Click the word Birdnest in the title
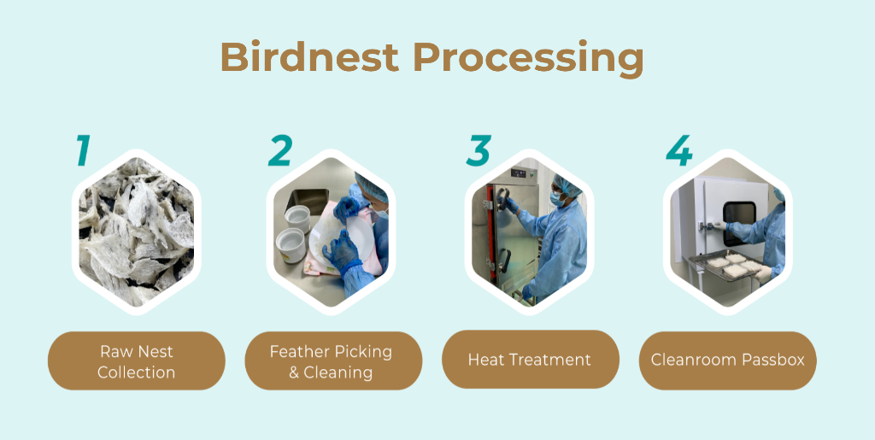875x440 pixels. [309, 57]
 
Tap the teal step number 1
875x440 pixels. [83, 150]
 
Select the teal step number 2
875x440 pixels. [280, 150]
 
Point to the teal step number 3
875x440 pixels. [479, 150]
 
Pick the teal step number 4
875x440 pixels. [679, 150]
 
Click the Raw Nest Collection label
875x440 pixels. [137, 361]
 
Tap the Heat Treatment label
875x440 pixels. [530, 360]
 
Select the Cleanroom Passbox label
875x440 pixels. [728, 360]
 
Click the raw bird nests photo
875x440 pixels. [137, 232]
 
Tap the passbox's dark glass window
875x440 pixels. [739, 223]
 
